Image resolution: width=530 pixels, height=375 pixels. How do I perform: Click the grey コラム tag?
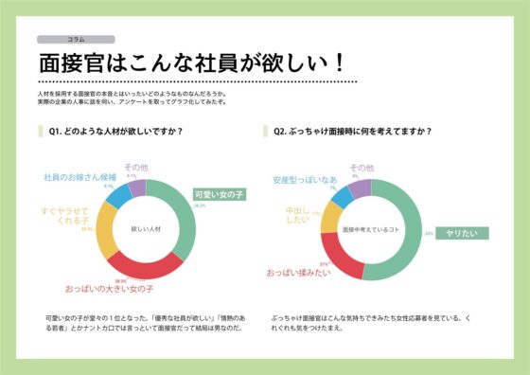[76, 40]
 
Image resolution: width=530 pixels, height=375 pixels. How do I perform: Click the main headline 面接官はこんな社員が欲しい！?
[189, 63]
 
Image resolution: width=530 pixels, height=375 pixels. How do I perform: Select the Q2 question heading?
[351, 132]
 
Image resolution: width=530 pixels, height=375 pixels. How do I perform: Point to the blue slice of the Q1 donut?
[118, 197]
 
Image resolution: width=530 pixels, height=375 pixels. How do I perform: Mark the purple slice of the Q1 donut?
[137, 187]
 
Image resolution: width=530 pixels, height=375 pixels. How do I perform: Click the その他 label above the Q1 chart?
[136, 167]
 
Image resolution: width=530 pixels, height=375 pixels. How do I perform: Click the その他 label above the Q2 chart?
[362, 168]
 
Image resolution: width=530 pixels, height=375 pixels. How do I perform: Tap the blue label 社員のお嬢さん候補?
[80, 177]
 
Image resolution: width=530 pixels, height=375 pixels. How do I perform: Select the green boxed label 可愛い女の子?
[218, 194]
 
